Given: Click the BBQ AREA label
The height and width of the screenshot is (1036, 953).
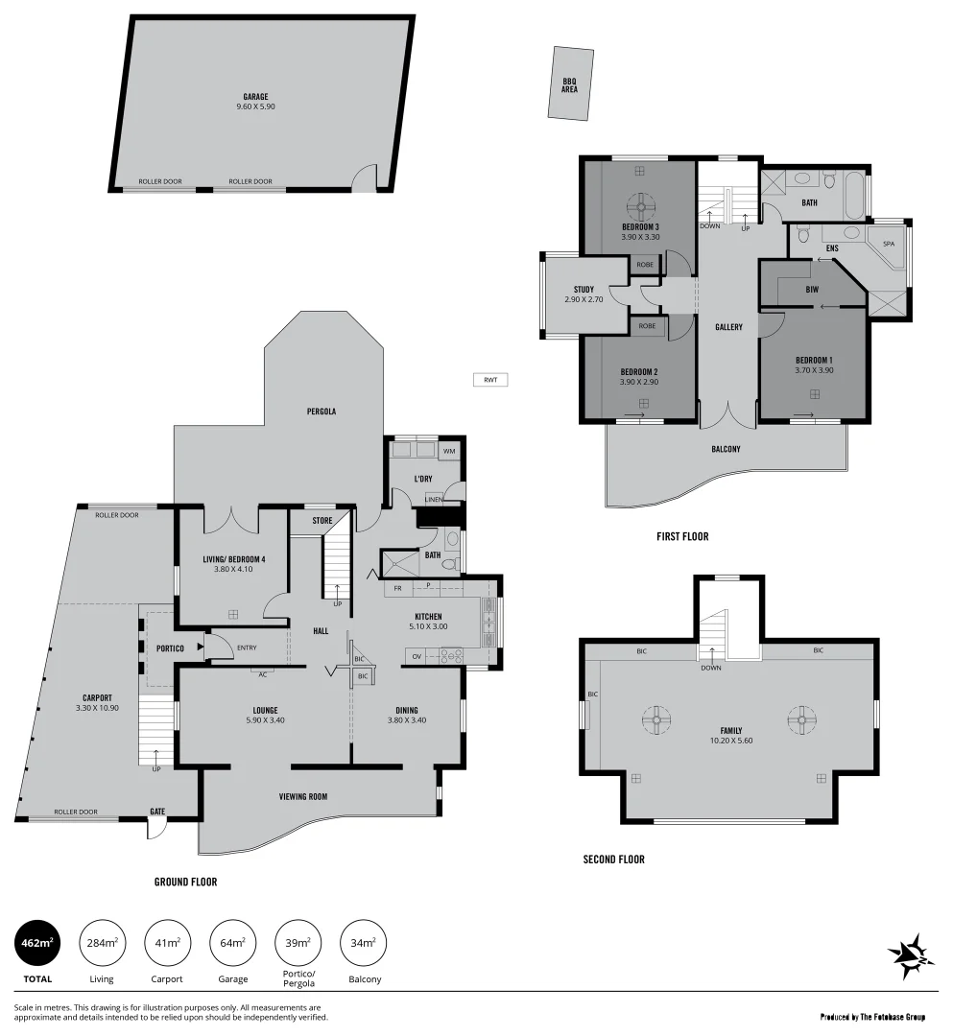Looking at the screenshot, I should (570, 85).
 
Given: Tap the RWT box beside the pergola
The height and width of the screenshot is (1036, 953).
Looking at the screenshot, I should (490, 380).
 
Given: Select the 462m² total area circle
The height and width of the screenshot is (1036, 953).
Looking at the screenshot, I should (37, 943).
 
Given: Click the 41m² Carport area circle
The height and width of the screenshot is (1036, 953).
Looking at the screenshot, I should (167, 943).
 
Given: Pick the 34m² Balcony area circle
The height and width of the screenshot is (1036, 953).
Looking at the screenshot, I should (364, 943).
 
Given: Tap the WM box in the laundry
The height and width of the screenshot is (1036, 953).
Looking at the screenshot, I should (448, 451).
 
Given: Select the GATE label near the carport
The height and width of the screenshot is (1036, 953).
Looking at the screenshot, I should (157, 812).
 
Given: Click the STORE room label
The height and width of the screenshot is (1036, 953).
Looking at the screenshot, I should (322, 521).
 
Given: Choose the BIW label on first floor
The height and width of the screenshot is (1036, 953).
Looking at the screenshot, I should (812, 289).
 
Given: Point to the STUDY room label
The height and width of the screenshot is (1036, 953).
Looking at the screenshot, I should (584, 290).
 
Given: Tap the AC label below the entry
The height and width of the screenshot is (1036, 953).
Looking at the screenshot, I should (262, 673).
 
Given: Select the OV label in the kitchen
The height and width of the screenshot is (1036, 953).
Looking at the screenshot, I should (417, 656).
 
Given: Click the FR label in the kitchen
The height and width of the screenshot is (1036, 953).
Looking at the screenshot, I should (397, 588).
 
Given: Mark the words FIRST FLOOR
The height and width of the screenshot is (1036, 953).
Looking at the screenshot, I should (682, 536).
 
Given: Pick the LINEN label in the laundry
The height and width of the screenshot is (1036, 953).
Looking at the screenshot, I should (434, 499).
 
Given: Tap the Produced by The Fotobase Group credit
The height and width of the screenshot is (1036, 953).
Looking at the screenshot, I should (872, 1016).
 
